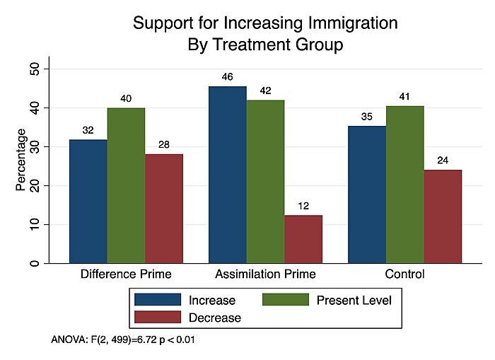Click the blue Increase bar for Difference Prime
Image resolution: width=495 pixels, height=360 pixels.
coord(88,202)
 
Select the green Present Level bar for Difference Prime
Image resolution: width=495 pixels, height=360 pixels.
coord(126,185)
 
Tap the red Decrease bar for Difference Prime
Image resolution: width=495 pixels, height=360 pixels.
coord(164,209)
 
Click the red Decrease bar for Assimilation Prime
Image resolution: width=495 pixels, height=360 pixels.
coord(303,239)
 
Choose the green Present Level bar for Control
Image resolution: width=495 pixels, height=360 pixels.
coord(405,185)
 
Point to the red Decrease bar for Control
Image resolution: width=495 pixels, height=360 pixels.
coord(443,216)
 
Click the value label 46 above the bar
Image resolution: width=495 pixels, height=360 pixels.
coord(228,76)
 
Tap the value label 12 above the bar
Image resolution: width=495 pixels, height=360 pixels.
coord(303,205)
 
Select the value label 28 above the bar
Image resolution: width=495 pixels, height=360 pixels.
coord(164,144)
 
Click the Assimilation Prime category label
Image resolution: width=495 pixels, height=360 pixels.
coord(265,274)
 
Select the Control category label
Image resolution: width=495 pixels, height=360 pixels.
coord(405,274)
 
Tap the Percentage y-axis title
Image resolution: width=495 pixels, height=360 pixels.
coord(21,159)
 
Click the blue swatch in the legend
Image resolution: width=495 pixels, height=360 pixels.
coord(156,301)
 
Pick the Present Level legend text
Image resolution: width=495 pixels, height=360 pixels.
coord(354,301)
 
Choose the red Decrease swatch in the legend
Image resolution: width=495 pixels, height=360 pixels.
coord(156,318)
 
